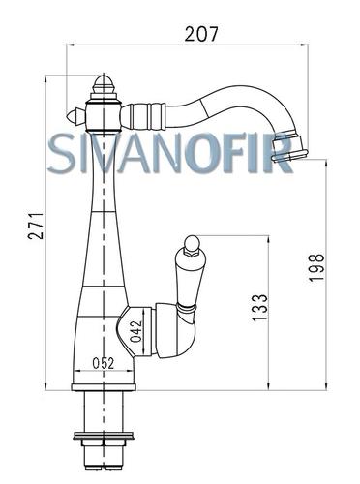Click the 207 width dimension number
tap(201, 34)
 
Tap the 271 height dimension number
tap(36, 226)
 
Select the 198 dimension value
tap(316, 268)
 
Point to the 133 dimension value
tap(260, 308)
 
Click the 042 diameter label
tap(135, 331)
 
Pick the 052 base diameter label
tap(104, 363)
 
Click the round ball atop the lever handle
tap(191, 242)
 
